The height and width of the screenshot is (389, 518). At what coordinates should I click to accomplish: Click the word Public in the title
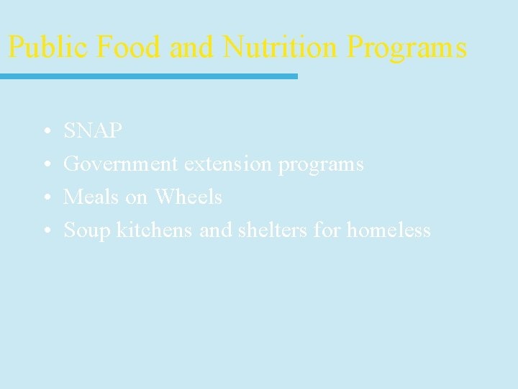coord(48,48)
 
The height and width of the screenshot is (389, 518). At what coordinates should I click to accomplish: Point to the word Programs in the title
coord(406,48)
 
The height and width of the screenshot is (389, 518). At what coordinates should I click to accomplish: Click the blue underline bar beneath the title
coord(148,76)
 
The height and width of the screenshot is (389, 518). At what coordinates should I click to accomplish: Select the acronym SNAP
coord(93,131)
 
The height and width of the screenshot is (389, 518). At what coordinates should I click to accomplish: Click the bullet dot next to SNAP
coord(45,132)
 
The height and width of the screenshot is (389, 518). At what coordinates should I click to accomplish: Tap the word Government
coord(121,164)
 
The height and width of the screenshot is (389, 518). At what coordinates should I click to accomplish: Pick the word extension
coord(229,164)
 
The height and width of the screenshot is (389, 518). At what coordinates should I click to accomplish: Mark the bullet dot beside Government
coord(45,165)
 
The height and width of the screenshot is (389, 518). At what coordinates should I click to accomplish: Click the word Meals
coord(89,197)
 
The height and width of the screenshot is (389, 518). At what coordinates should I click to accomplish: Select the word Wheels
coord(188,197)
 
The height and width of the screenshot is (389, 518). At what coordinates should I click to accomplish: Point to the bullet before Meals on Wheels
coord(45,198)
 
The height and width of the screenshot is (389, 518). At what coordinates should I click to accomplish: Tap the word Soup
coord(86,231)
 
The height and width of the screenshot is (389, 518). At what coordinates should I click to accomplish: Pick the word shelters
coord(255,230)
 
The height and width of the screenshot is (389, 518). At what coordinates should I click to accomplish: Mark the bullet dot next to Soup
coord(45,231)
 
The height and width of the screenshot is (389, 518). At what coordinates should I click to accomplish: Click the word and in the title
coord(194,48)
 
